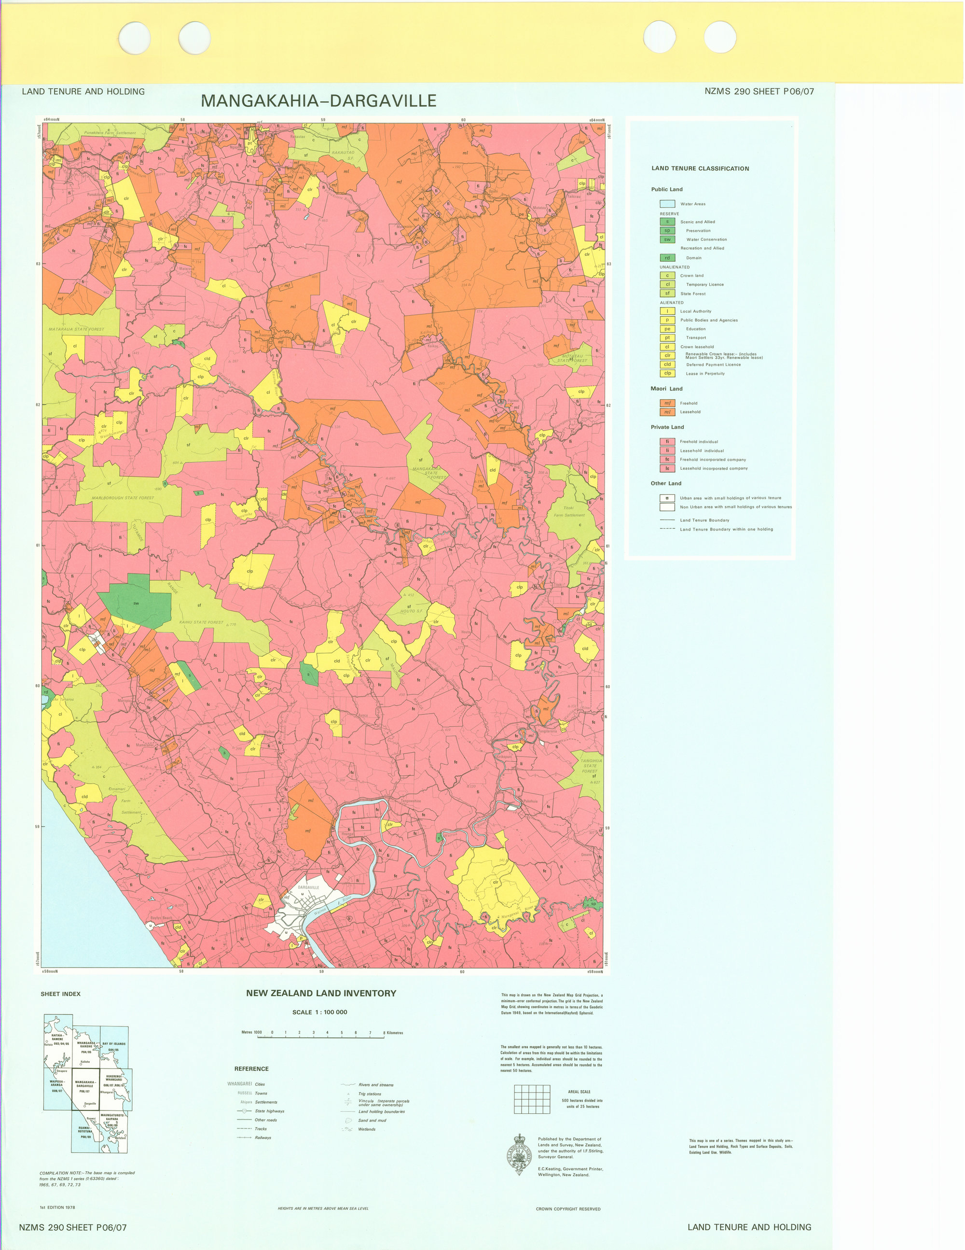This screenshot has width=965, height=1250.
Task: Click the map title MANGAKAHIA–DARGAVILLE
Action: pos(318,101)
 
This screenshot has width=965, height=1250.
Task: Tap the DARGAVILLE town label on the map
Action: pos(308,887)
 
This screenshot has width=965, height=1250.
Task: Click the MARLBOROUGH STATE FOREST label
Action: pos(123,497)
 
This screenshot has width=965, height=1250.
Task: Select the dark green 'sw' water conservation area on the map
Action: pos(136,603)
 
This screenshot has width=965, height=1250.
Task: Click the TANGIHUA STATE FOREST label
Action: pos(590,765)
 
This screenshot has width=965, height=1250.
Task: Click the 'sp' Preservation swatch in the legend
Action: pos(667,231)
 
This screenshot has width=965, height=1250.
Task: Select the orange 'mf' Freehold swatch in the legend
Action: pos(667,403)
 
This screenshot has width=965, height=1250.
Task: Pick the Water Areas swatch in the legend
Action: pos(667,204)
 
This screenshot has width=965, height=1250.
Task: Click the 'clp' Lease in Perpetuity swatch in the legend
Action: pos(667,373)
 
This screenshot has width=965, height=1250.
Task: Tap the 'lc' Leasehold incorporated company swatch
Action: pos(667,468)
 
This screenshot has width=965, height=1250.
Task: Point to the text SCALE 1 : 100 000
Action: pos(319,1012)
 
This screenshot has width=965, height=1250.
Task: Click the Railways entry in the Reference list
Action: pos(262,1137)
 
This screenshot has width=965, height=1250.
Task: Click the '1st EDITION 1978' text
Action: pos(57,1207)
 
